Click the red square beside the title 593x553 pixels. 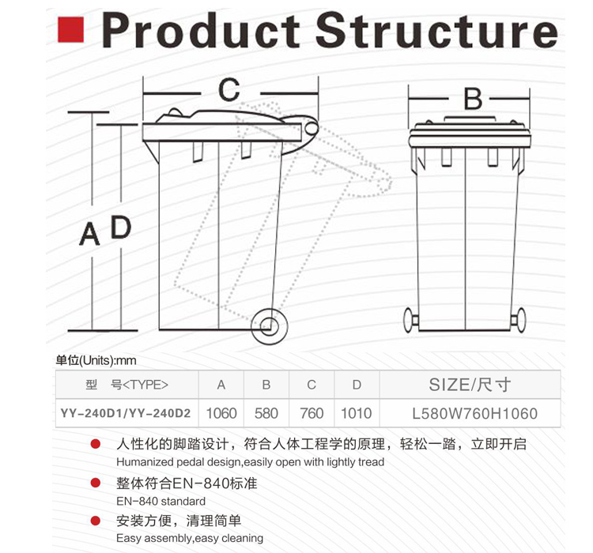(71, 30)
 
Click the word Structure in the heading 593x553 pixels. (436, 32)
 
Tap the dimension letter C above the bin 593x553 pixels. (229, 90)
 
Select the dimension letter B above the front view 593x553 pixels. (472, 100)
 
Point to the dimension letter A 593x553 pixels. (89, 235)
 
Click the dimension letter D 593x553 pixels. (120, 228)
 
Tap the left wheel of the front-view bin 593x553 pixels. (410, 320)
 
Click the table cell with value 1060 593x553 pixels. (221, 413)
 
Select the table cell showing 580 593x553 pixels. (266, 413)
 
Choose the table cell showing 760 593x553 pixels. (312, 413)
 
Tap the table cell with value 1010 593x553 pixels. (357, 413)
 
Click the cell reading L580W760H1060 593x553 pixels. (470, 413)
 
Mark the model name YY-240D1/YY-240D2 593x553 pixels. (127, 413)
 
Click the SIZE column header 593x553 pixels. (470, 385)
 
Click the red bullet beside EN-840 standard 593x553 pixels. (96, 483)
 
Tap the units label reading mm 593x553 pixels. (127, 361)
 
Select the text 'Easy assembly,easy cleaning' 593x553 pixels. (190, 538)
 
